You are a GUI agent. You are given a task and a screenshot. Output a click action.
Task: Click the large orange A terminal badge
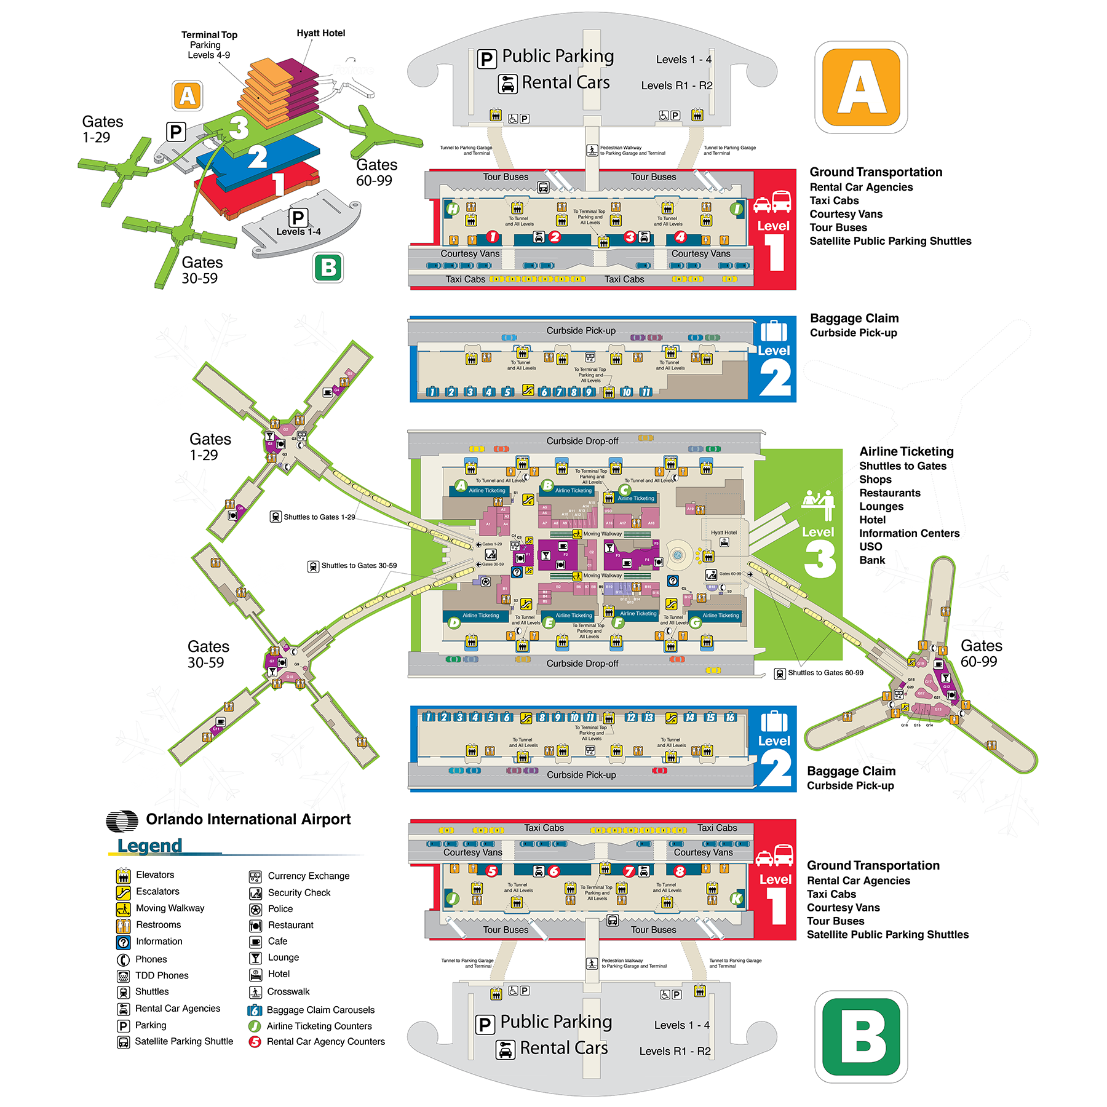[861, 87]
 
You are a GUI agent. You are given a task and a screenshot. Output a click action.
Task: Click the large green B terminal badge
[861, 1036]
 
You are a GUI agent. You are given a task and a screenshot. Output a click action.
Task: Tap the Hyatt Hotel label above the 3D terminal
[320, 33]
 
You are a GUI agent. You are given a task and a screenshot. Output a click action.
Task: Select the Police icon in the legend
[255, 909]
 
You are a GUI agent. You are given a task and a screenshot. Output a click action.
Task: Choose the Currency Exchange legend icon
[255, 876]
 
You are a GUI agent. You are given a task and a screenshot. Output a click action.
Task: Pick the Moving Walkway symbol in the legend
[124, 908]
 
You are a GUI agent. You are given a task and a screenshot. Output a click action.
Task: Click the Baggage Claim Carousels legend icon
[255, 1010]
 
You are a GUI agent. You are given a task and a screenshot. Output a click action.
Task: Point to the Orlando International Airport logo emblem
[122, 820]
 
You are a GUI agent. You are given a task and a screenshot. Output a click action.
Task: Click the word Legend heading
[149, 846]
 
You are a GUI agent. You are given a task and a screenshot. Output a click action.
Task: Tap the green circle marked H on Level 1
[453, 209]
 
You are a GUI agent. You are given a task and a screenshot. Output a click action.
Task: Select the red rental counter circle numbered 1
[493, 237]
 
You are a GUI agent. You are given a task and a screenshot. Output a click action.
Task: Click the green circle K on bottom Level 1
[736, 899]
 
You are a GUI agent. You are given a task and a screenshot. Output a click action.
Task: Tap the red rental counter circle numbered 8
[680, 871]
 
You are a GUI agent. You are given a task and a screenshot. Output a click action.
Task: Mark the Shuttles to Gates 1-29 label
[319, 517]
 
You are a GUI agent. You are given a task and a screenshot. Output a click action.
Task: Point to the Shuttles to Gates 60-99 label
[825, 673]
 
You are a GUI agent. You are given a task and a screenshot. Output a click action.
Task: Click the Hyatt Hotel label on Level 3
[723, 533]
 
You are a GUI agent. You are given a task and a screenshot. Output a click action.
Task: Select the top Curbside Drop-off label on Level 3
[582, 441]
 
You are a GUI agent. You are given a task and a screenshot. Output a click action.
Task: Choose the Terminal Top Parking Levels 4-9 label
[209, 45]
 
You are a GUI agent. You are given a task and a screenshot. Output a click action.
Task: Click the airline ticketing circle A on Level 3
[461, 485]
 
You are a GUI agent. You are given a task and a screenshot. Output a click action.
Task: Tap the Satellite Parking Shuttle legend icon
[124, 1042]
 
